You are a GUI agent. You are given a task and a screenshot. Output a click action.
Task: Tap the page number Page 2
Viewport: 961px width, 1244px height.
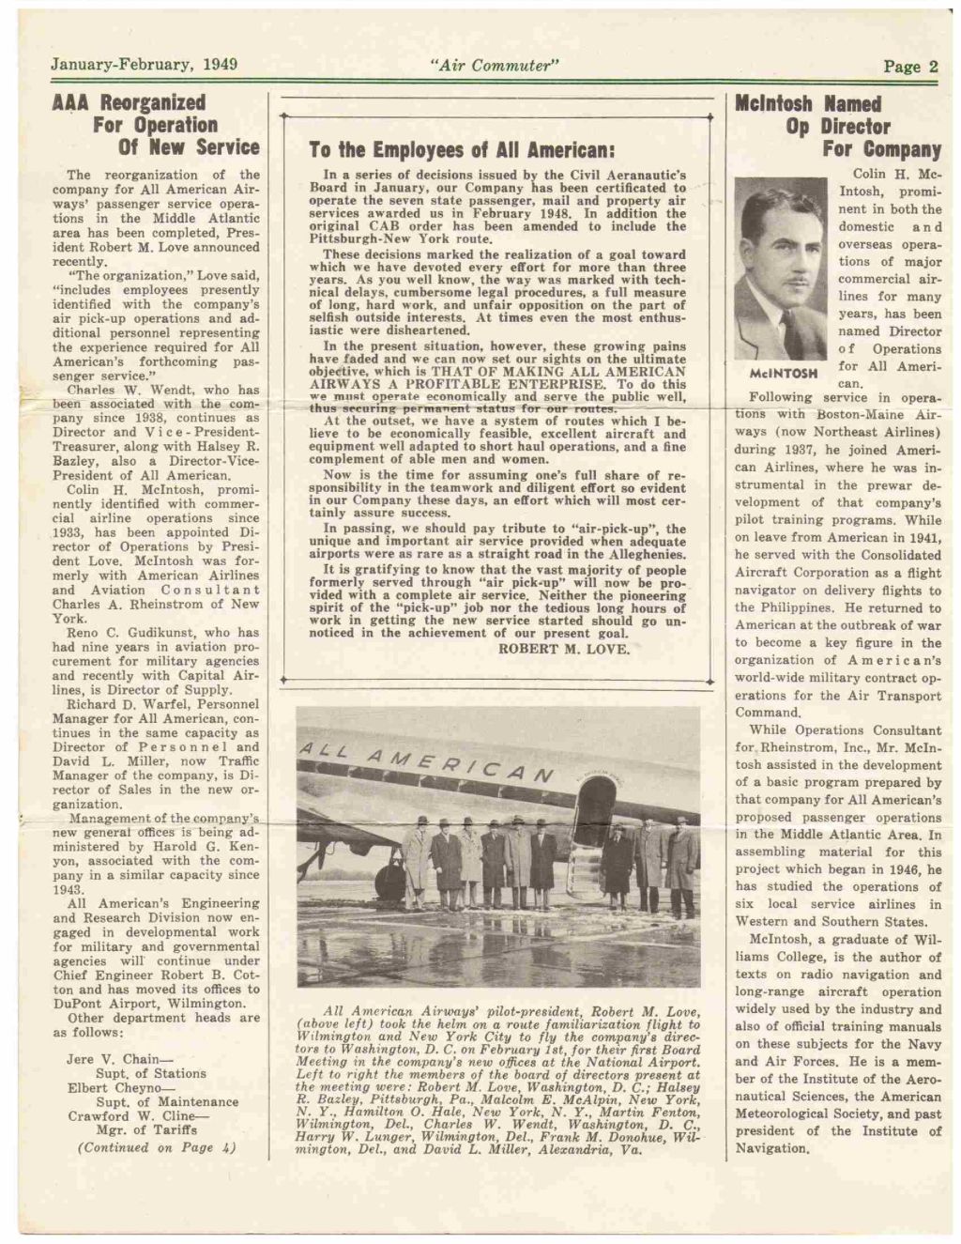tap(909, 66)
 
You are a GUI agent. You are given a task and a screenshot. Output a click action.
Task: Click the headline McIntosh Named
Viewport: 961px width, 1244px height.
tap(808, 103)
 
